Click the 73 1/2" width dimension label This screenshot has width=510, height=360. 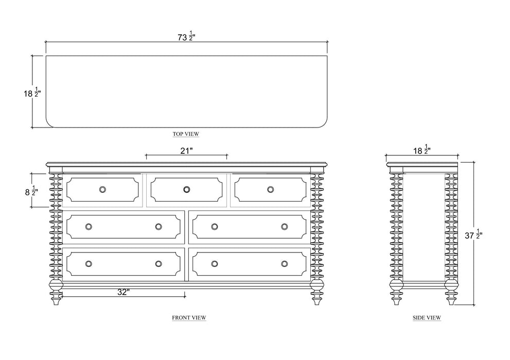[x=186, y=37]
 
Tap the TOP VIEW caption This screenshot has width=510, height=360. [x=186, y=134]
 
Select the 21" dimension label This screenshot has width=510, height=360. [x=187, y=151]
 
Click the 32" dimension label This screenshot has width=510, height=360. [x=123, y=292]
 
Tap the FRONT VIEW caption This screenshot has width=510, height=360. [x=189, y=318]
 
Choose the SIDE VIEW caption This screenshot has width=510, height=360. [x=427, y=318]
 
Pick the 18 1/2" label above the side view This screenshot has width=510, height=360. [x=423, y=151]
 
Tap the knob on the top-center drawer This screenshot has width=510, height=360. [x=186, y=189]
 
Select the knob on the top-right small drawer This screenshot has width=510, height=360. [x=270, y=189]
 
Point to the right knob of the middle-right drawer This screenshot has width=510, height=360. [x=284, y=226]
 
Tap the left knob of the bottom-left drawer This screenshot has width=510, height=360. [x=89, y=264]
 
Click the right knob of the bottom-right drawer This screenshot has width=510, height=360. [x=284, y=264]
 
